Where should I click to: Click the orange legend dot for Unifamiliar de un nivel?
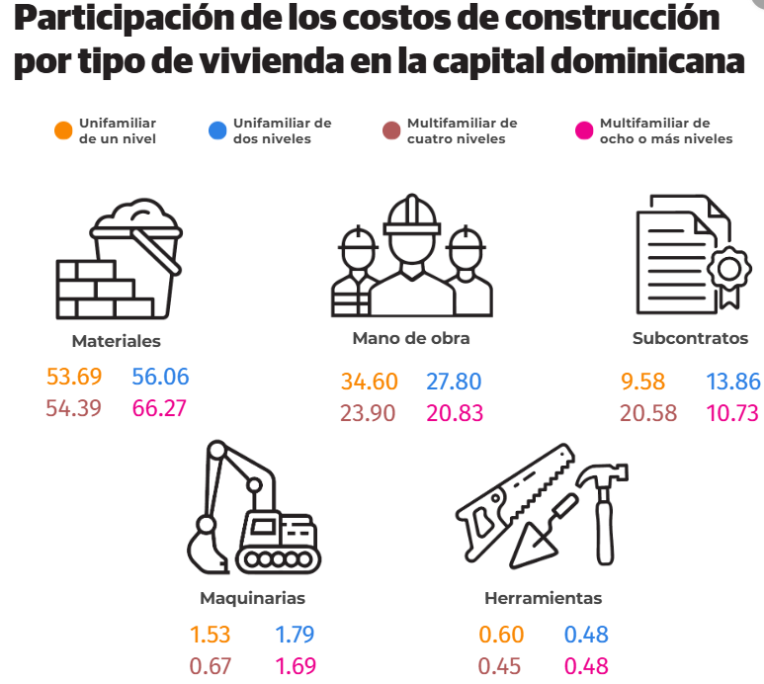[63, 130]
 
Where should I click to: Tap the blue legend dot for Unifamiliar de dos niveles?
[217, 130]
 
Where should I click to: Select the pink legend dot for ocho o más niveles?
[584, 130]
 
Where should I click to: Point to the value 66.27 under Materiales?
[159, 407]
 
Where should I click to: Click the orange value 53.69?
[74, 377]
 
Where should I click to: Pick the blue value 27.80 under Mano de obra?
[455, 383]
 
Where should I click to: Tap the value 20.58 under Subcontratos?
[647, 413]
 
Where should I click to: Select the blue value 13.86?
[733, 383]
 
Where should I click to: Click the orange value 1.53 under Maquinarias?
[209, 635]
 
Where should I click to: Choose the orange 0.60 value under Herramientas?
[501, 635]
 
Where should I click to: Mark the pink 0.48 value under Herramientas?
[586, 665]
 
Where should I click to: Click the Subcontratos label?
[690, 338]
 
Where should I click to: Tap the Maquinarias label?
[252, 598]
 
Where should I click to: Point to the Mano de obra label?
[410, 338]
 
